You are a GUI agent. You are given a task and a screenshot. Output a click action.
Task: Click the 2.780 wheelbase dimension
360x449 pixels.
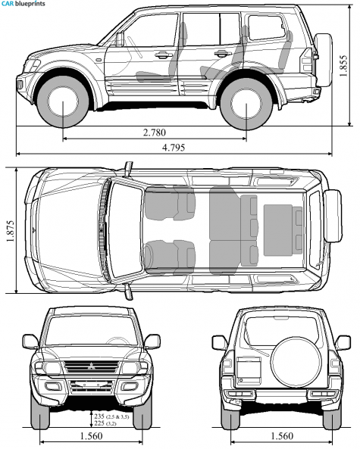point(154,133)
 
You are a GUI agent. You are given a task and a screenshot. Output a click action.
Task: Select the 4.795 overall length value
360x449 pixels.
point(174,148)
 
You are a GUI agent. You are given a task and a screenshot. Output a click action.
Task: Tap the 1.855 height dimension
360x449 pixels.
point(343,66)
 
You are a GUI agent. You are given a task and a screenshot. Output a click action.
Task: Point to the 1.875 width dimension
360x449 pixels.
point(11,231)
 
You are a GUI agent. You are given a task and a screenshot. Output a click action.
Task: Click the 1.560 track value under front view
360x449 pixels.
point(91,436)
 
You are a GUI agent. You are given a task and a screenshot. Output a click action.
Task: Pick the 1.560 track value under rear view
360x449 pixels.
point(282,436)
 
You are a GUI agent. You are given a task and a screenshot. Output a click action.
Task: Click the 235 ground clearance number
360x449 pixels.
point(99,416)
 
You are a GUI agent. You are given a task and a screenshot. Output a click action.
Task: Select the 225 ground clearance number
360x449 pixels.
point(99,423)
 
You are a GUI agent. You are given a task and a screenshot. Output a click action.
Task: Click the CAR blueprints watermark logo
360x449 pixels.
point(23,4)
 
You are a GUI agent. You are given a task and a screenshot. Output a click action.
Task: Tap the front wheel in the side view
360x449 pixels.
point(63,102)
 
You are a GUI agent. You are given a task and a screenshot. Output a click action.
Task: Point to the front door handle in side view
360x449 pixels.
point(162,55)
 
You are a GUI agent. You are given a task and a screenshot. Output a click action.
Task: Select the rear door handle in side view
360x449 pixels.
point(222,53)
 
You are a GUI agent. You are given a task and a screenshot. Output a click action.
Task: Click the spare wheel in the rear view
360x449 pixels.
point(296,361)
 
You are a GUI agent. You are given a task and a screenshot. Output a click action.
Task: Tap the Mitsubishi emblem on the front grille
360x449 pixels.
point(91,366)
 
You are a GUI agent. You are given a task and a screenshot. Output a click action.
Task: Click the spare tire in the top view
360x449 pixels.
point(333,216)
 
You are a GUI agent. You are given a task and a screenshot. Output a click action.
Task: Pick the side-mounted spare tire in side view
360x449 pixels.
point(324,60)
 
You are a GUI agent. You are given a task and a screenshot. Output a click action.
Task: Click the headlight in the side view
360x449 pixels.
point(34,65)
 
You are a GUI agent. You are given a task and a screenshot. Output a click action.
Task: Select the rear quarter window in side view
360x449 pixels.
point(267,27)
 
